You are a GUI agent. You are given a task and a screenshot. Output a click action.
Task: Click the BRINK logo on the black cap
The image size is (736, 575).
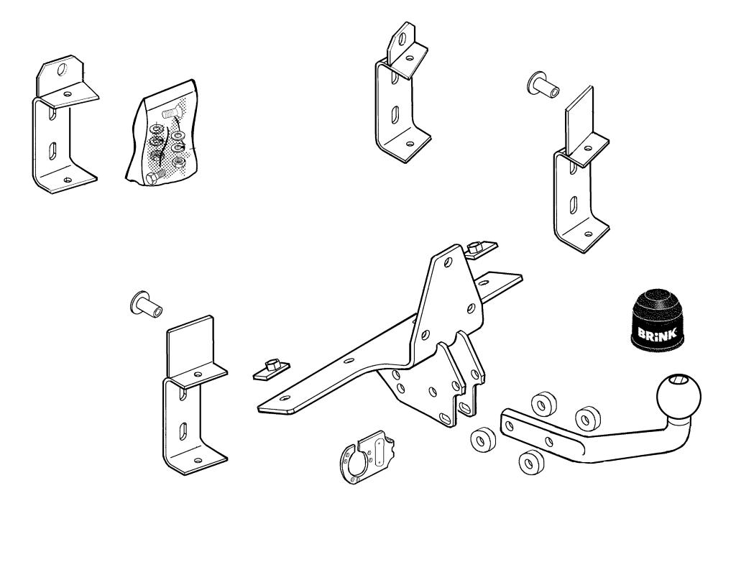657,333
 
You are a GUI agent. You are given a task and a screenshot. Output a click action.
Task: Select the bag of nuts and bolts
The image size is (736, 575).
162,133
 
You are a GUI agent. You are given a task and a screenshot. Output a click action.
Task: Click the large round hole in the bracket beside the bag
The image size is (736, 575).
62,70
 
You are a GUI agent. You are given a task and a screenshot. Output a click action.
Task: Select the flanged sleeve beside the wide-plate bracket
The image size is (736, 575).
145,304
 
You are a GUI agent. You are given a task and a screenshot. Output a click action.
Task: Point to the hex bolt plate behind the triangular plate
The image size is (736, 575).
482,249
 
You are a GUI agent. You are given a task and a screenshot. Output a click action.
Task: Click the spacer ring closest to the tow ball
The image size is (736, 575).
586,418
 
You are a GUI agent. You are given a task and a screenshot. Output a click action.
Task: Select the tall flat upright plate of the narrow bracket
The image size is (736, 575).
579,121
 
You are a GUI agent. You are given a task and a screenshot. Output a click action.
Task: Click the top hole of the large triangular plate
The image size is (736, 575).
448,261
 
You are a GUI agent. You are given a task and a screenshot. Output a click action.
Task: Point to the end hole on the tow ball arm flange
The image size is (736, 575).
510,425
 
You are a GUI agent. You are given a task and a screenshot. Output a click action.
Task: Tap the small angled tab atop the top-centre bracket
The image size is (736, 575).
401,43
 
